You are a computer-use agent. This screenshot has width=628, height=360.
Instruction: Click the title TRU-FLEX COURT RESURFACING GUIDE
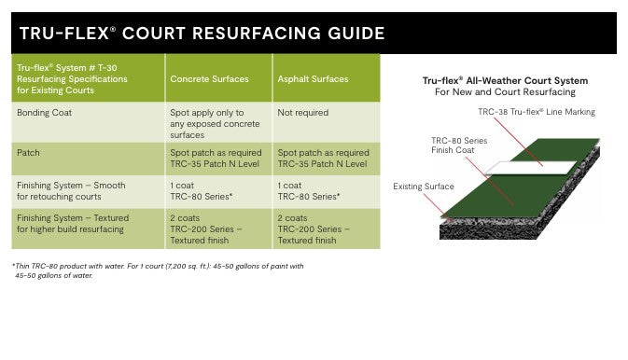click(202, 34)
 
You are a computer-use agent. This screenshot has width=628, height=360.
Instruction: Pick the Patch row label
click(27, 152)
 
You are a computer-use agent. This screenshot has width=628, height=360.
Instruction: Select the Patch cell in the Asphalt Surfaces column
click(323, 158)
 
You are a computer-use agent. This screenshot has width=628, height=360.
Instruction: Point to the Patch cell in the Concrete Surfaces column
click(216, 158)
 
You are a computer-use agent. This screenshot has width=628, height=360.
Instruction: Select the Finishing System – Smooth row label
click(71, 191)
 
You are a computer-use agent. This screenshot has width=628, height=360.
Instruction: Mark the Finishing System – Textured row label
click(73, 223)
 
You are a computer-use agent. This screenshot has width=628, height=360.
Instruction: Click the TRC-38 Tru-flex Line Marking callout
click(536, 112)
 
